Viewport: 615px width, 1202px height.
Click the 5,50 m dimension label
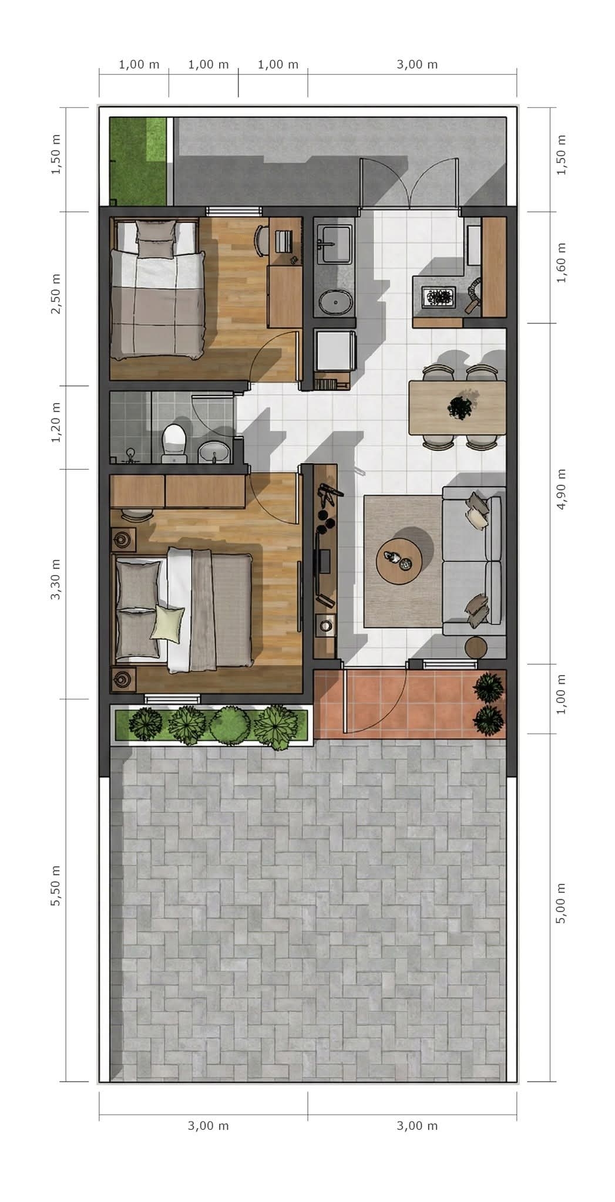point(56,885)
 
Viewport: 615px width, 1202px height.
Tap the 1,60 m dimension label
point(562,263)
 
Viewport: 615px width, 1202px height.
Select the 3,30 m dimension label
point(56,579)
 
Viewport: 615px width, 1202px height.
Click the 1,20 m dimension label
point(56,423)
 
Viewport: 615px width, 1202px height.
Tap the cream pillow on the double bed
point(167,622)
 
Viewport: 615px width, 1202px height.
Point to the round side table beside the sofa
point(476,648)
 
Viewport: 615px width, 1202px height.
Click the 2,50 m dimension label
point(56,293)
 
